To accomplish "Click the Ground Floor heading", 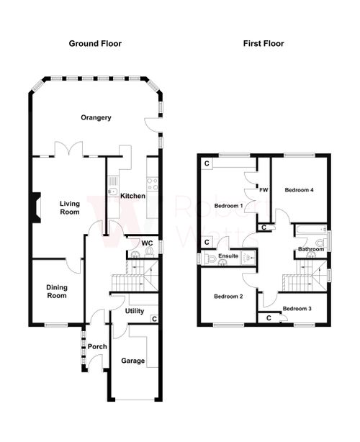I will pyautogui.click(x=95, y=44).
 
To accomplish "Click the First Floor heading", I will pyautogui.click(x=264, y=44).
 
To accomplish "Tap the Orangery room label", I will pyautogui.click(x=96, y=118).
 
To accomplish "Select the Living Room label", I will pyautogui.click(x=70, y=208).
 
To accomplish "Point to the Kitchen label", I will pyautogui.click(x=132, y=197).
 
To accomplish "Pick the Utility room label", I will pyautogui.click(x=135, y=311).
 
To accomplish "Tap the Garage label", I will pyautogui.click(x=132, y=360).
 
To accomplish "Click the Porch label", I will pyautogui.click(x=97, y=346).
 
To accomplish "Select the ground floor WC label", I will pyautogui.click(x=146, y=243).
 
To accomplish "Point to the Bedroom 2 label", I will pyautogui.click(x=228, y=296).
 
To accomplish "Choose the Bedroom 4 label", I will pyautogui.click(x=299, y=190).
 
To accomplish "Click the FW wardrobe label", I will pyautogui.click(x=264, y=191).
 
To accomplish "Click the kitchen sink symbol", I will pyautogui.click(x=113, y=192).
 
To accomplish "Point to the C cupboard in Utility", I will pyautogui.click(x=154, y=318).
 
